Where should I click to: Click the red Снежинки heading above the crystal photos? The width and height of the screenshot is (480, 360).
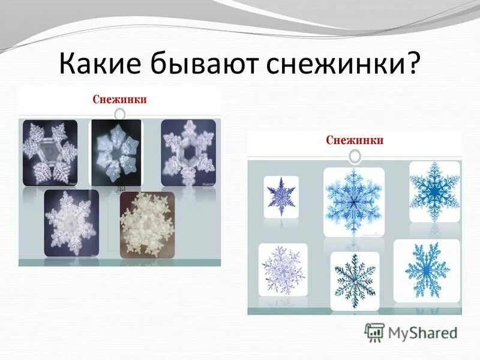(120, 99)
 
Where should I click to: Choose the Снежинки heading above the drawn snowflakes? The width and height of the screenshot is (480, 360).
(355, 140)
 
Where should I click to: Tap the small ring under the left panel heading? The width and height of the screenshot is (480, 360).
(120, 113)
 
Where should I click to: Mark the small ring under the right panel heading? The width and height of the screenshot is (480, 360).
(355, 156)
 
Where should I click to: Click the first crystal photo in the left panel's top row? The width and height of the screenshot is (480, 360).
(50, 152)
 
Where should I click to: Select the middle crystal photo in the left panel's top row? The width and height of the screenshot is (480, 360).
(116, 152)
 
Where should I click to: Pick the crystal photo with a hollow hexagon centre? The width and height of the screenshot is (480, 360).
(188, 152)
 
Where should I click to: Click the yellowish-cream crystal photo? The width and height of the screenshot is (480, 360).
(147, 225)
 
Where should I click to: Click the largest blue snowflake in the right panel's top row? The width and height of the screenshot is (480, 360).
(353, 200)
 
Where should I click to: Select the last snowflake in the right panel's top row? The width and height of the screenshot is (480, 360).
(434, 191)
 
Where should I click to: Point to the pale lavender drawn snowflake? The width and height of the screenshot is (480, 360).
(283, 269)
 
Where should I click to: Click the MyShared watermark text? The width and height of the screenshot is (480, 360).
(422, 332)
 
